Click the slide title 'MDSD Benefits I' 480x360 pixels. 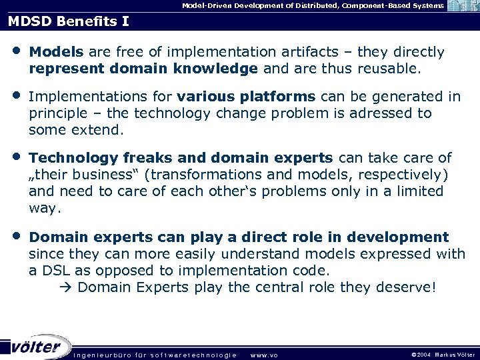(x=69, y=21)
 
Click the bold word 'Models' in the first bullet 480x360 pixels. (x=57, y=52)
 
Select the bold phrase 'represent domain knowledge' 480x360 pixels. (x=143, y=68)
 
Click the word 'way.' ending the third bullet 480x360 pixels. (x=45, y=208)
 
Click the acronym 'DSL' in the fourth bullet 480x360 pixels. (x=55, y=270)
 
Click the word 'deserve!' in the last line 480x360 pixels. (x=411, y=287)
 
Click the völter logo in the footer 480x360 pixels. (x=37, y=347)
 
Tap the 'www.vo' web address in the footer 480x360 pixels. (x=264, y=355)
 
